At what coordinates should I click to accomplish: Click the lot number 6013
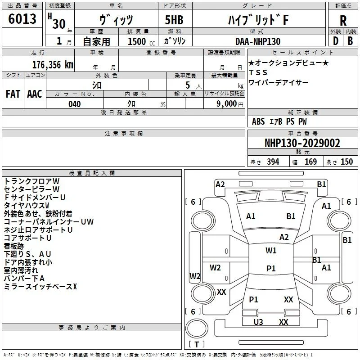click(22, 19)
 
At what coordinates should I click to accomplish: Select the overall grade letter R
click(343, 21)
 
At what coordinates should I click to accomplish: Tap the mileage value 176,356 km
click(53, 65)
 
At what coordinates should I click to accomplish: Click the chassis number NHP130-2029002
click(302, 143)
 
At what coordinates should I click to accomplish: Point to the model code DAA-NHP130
click(258, 41)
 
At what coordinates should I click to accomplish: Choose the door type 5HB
click(174, 20)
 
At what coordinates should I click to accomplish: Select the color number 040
click(74, 104)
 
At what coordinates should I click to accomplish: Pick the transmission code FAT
click(13, 94)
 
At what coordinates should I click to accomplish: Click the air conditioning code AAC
click(35, 94)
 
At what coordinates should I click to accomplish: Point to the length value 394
click(273, 162)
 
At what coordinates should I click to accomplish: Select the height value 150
click(346, 162)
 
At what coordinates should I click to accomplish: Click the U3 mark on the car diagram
click(258, 322)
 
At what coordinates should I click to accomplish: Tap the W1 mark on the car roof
click(271, 250)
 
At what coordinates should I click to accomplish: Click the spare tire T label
click(197, 344)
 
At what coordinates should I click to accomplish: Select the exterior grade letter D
click(336, 41)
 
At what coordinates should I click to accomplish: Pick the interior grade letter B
click(350, 41)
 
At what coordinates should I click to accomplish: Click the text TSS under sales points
click(258, 72)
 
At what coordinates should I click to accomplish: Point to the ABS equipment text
click(258, 121)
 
